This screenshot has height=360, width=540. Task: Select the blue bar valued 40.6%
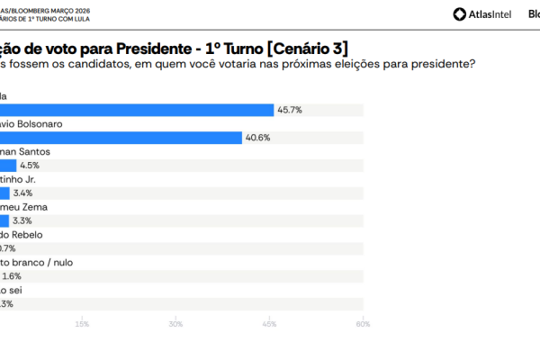click(121, 138)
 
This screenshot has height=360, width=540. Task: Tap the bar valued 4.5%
click(8, 166)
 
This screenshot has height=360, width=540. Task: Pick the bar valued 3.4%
click(4, 193)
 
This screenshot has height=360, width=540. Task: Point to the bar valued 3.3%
click(4, 220)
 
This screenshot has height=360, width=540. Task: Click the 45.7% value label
click(290, 110)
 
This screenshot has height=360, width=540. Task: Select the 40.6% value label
click(258, 138)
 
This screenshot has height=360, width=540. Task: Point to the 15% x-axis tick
click(82, 324)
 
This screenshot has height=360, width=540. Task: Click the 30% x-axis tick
click(175, 324)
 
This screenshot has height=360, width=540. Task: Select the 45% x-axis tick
click(269, 324)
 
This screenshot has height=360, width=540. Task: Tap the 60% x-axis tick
click(363, 324)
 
